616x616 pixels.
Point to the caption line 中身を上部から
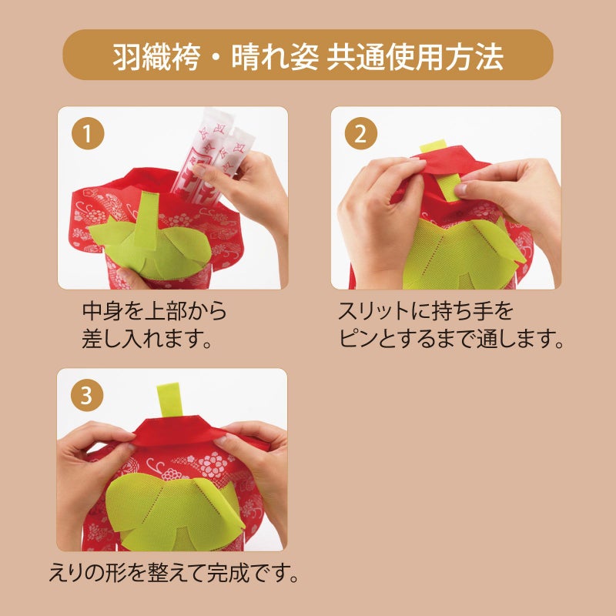pyautogui.click(x=154, y=312)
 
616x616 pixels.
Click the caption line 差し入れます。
pyautogui.click(x=147, y=339)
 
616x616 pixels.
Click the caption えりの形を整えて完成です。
pyautogui.click(x=172, y=574)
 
